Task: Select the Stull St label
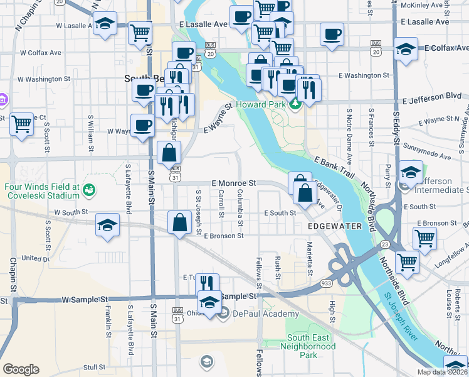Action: click(x=94, y=367)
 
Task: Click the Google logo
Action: click(x=21, y=369)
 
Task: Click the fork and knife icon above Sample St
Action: click(x=208, y=283)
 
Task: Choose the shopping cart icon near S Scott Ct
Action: click(x=23, y=124)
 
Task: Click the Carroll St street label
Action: click(x=221, y=206)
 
